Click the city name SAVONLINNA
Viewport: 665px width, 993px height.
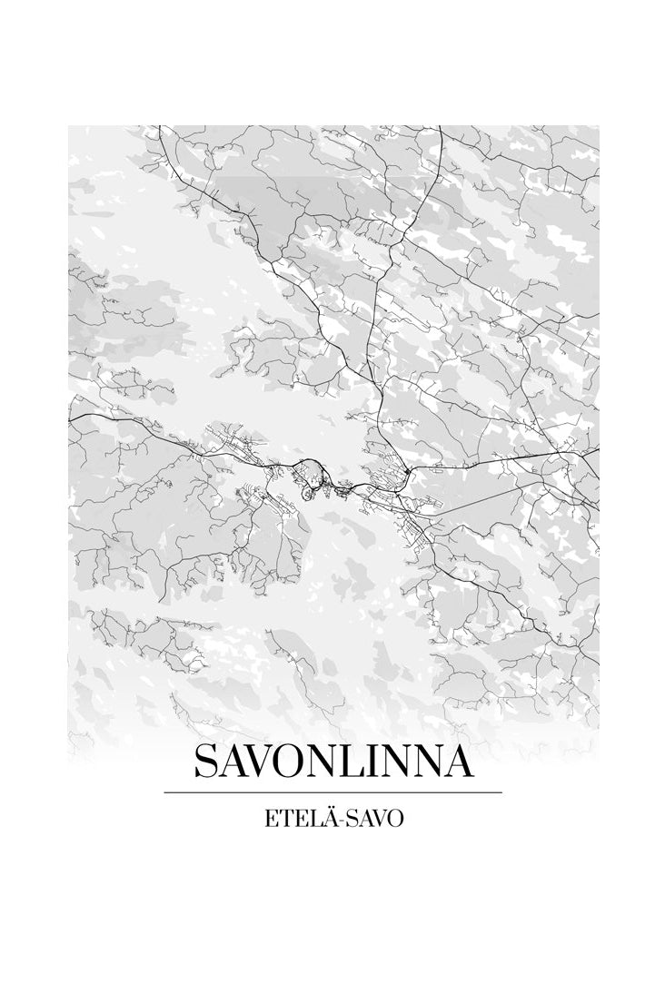[332, 762]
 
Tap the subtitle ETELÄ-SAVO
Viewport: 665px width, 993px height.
[332, 818]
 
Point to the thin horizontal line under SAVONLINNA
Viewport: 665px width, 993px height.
[332, 792]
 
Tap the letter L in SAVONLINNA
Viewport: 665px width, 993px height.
[356, 762]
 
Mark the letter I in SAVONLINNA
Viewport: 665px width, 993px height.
[377, 762]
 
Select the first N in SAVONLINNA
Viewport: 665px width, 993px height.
[328, 762]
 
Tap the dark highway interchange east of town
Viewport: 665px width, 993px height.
[409, 470]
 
